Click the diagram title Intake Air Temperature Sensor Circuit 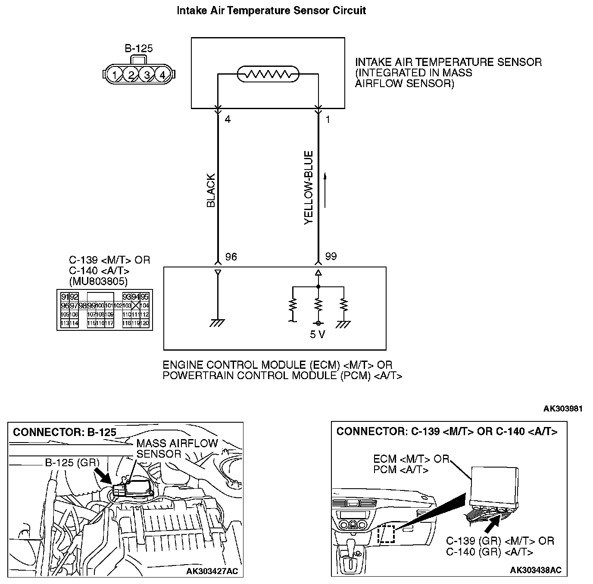(272, 11)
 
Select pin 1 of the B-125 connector (114, 75)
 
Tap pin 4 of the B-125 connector (162, 75)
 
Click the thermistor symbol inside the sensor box (268, 75)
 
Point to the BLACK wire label (211, 191)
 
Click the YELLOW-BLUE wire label (308, 188)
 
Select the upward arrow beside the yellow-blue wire (325, 190)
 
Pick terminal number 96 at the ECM (231, 257)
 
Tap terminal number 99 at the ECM (331, 257)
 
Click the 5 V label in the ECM (318, 335)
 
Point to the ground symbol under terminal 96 (218, 323)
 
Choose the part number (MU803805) (98, 282)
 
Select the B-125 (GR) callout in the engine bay (72, 463)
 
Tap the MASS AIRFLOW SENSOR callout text (177, 449)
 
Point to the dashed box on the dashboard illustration (386, 534)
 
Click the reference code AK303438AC (536, 570)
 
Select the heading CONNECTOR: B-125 (65, 433)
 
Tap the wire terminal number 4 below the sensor (228, 119)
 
